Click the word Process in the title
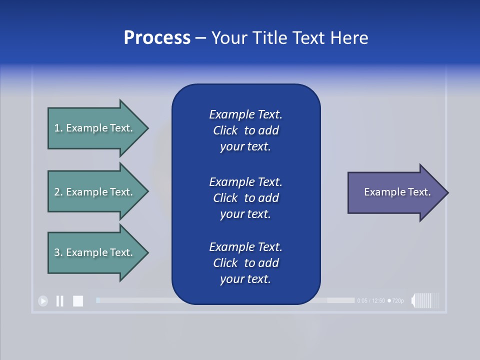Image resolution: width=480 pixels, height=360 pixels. coord(157,38)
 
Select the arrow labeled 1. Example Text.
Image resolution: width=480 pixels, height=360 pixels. coord(95,128)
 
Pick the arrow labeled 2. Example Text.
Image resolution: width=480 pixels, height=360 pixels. coord(95,192)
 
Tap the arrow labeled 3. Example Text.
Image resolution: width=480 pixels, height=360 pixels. coord(95,252)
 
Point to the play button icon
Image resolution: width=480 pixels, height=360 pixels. coord(43,301)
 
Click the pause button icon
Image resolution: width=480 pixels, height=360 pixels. coord(59,301)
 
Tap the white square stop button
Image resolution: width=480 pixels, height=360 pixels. coord(78,301)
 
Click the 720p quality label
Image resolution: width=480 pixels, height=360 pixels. coord(396,301)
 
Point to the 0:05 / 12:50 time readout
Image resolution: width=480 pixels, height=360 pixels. coord(371,301)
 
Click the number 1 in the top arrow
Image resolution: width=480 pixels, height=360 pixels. coord(57,128)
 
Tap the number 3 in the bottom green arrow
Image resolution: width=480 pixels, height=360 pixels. coord(57,252)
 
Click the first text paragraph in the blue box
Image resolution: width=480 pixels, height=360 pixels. coord(245,130)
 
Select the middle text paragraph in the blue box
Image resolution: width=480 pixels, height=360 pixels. coord(245,198)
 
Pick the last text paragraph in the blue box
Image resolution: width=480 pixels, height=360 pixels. coord(245,263)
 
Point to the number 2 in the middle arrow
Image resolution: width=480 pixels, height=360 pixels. coord(57,192)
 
